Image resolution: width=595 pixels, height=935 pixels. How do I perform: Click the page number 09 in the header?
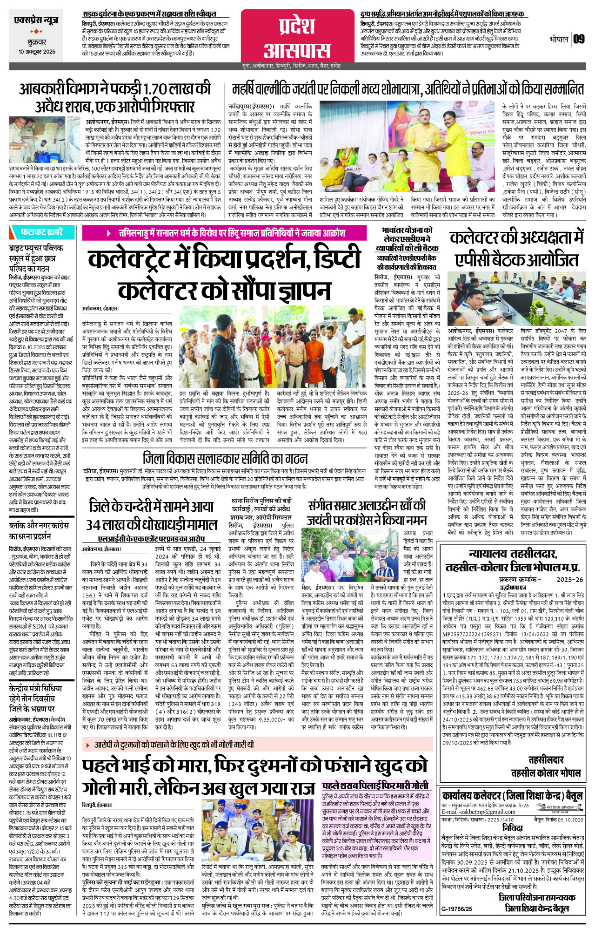[x=579, y=39]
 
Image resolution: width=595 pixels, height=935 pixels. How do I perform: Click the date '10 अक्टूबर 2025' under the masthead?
[x=37, y=52]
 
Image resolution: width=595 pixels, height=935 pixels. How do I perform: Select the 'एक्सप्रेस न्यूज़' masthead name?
[x=36, y=20]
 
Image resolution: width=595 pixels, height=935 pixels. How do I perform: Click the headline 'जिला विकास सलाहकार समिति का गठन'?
[x=219, y=459]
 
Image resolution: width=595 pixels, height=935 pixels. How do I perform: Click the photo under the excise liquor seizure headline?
[x=45, y=140]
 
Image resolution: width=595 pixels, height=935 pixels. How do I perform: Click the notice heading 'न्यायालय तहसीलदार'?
[x=512, y=554]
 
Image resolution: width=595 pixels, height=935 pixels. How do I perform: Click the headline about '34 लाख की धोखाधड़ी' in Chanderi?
[x=151, y=516]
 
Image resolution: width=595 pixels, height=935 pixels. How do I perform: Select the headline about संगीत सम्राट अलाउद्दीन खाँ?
[x=367, y=512]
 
